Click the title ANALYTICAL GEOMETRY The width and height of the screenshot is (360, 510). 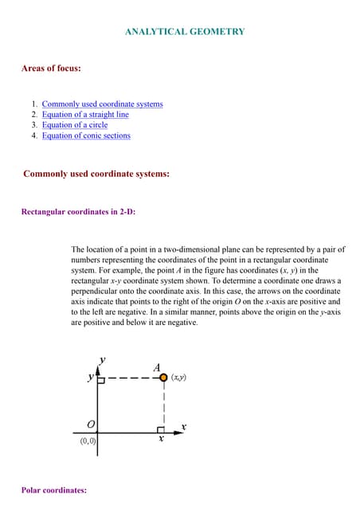(185, 32)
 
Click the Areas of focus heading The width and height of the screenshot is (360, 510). (51, 69)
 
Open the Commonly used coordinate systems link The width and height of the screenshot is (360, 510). (102, 104)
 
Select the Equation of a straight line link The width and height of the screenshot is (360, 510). (85, 115)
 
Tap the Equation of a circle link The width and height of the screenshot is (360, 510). (75, 125)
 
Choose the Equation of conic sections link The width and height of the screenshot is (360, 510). (86, 135)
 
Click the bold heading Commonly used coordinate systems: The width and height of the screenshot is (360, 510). (96, 173)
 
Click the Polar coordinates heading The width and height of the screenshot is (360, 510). (54, 490)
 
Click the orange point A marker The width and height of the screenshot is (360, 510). (163, 378)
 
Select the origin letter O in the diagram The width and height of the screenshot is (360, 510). (91, 424)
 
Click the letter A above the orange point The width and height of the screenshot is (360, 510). (158, 367)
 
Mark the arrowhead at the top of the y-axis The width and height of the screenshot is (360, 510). (98, 370)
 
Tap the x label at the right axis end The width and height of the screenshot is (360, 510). (183, 427)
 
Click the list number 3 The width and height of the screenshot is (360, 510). (34, 125)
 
